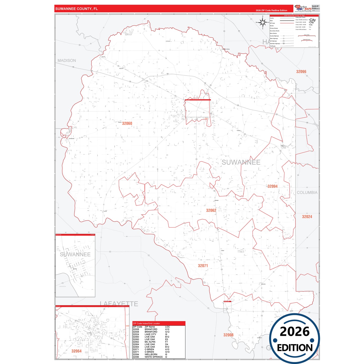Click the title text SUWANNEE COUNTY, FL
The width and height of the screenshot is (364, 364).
click(x=76, y=9)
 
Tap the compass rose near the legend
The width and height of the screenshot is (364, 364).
click(x=263, y=22)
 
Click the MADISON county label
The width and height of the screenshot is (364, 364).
click(x=67, y=60)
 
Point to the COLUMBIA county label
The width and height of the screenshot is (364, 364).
click(x=307, y=192)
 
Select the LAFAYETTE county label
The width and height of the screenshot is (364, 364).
click(x=119, y=304)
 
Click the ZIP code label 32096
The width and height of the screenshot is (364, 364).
click(x=301, y=72)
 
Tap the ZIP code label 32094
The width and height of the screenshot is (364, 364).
click(x=272, y=186)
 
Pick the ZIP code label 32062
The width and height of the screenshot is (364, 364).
click(x=211, y=210)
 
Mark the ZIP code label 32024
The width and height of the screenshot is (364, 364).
click(x=307, y=217)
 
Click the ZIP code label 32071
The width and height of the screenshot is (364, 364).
click(x=203, y=266)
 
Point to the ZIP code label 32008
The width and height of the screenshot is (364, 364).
click(x=228, y=335)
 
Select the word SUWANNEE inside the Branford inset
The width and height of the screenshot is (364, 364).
click(x=75, y=254)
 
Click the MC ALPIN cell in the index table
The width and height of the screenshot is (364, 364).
click(x=150, y=342)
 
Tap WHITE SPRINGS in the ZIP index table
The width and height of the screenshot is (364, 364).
click(x=153, y=357)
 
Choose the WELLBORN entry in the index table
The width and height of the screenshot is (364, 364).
click(x=151, y=354)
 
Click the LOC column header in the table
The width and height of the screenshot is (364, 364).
click(x=167, y=327)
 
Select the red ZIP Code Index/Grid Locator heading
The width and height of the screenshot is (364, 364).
click(x=146, y=323)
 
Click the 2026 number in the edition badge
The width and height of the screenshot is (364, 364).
click(x=294, y=332)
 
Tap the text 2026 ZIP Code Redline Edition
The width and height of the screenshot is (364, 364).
click(x=271, y=10)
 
